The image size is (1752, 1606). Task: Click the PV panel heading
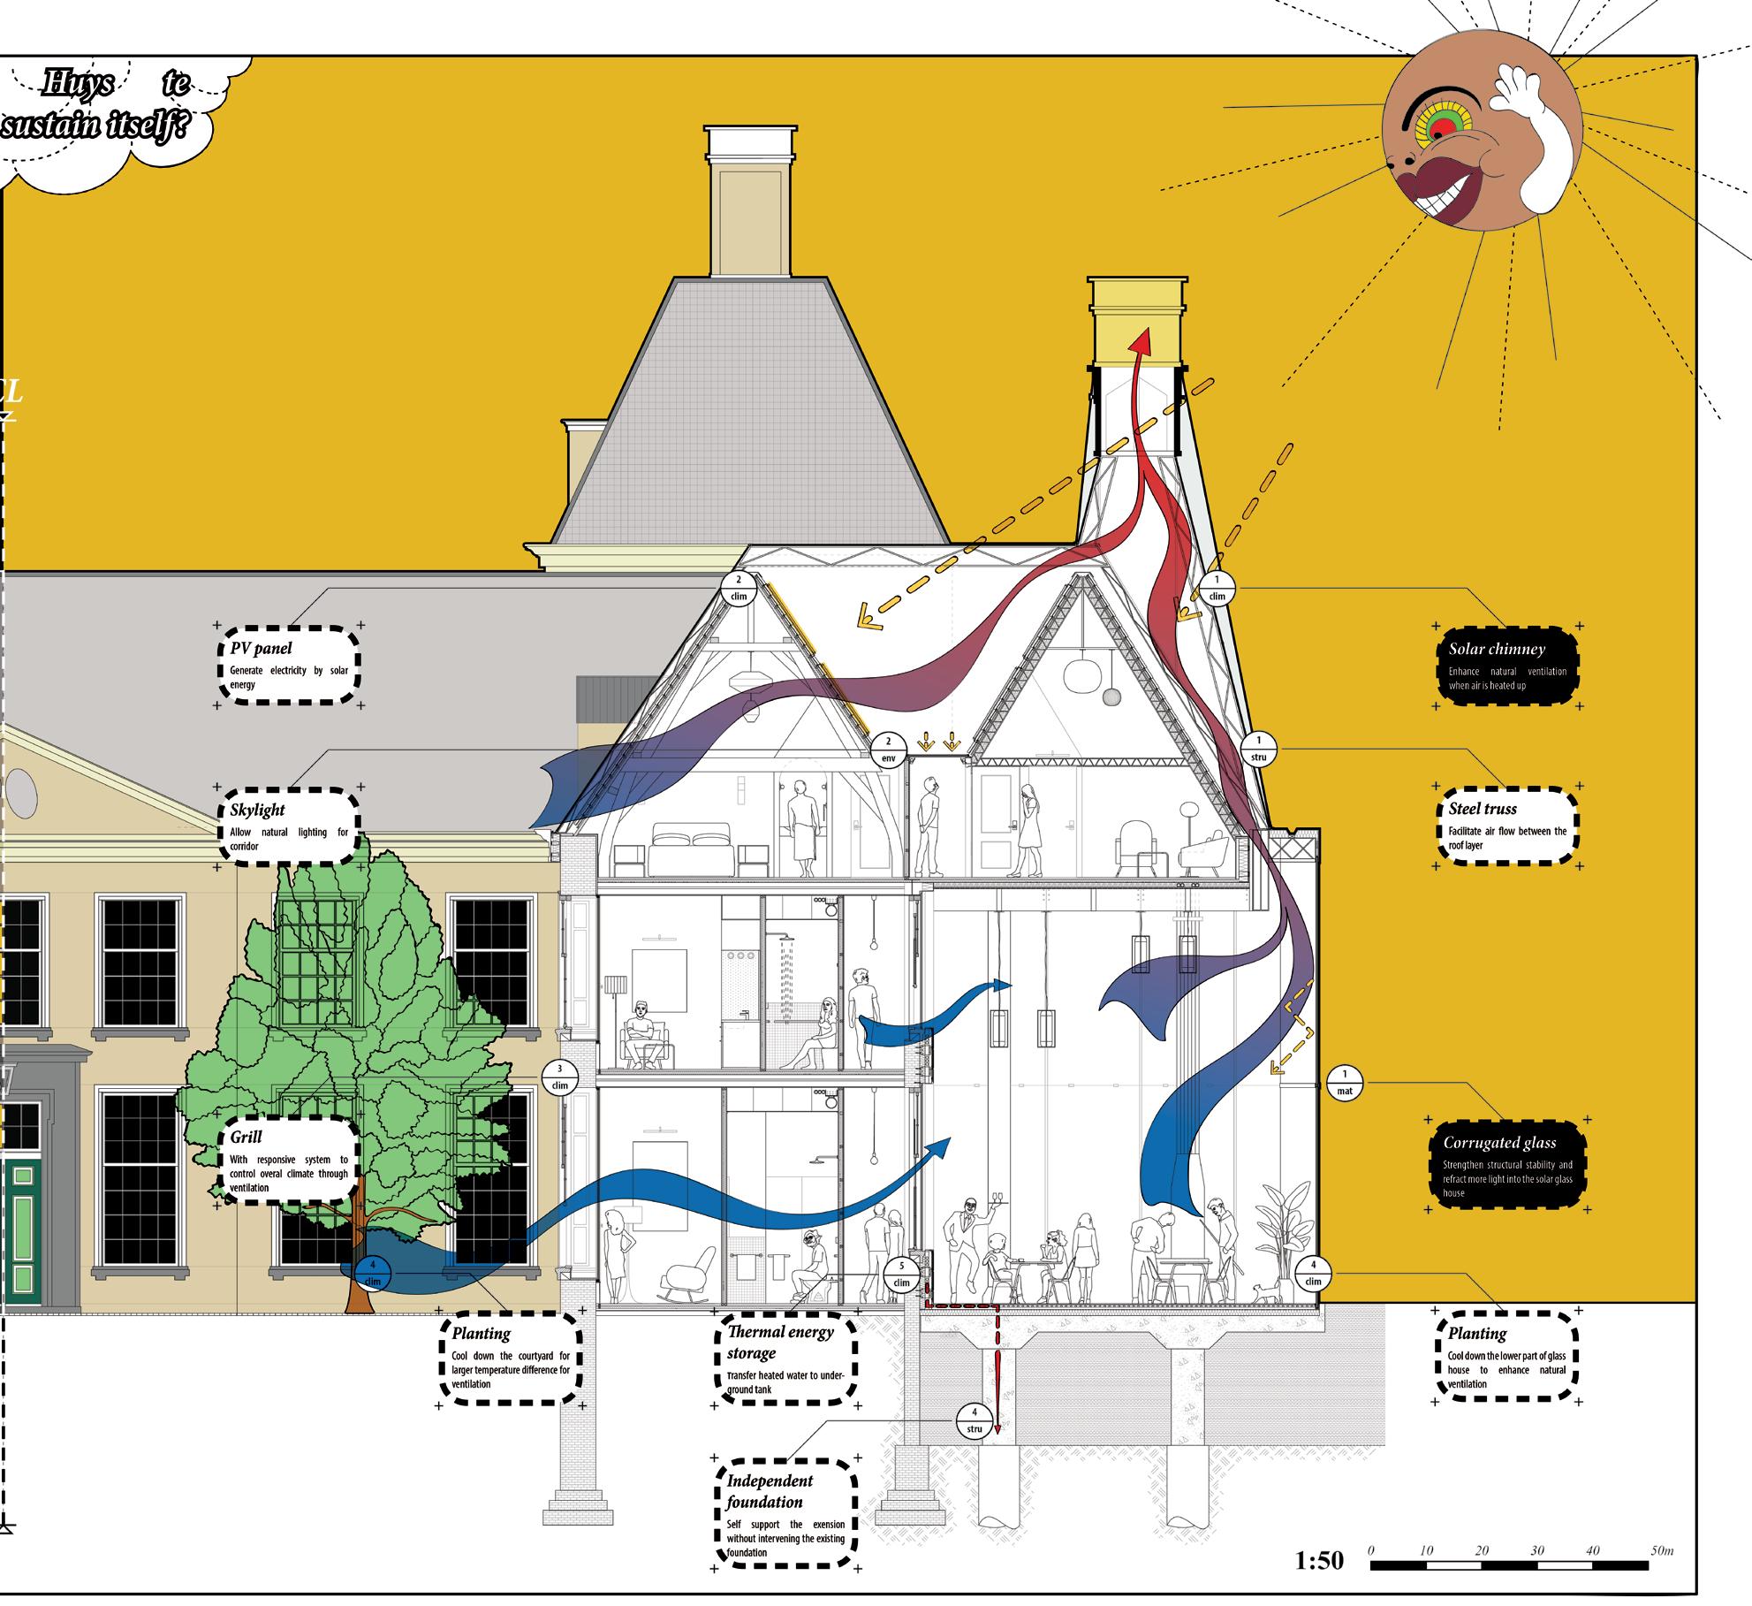tap(261, 649)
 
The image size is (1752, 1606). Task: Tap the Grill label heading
tap(246, 1137)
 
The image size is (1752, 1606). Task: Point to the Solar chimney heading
tap(1497, 649)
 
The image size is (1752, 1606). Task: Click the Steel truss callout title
tap(1483, 809)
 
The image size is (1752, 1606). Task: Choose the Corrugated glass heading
tap(1499, 1143)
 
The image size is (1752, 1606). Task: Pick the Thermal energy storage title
tap(779, 1343)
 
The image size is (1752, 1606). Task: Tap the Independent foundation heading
tap(770, 1490)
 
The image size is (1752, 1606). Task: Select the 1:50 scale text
tap(1319, 1561)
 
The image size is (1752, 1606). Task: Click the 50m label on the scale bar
tap(1661, 1550)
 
